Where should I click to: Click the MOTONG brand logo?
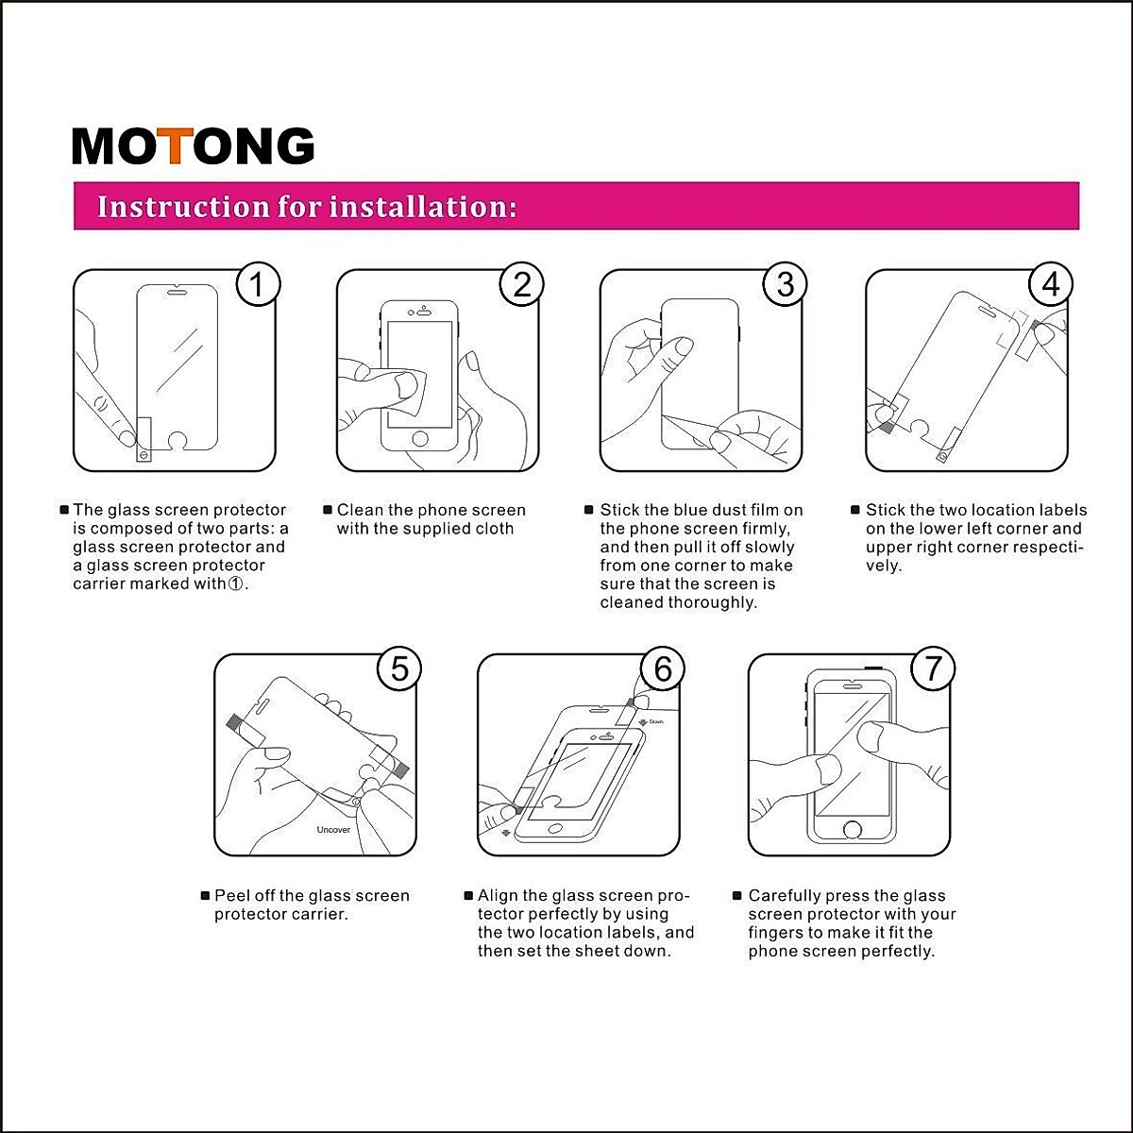pos(193,146)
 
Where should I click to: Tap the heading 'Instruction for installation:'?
pos(307,207)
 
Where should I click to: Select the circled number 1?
pos(258,284)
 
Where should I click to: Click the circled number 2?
pos(522,284)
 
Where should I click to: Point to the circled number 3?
pos(786,284)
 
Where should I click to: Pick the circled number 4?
pos(1051,284)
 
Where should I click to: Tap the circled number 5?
pos(399,668)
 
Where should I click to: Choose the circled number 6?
pos(663,668)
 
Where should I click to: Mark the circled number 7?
pos(934,668)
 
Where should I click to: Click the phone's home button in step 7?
pos(852,830)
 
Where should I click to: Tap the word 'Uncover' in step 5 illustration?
pos(333,830)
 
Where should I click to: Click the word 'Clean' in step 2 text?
pos(360,511)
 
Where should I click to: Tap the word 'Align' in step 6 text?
pos(498,896)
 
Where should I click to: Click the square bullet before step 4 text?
pos(855,511)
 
